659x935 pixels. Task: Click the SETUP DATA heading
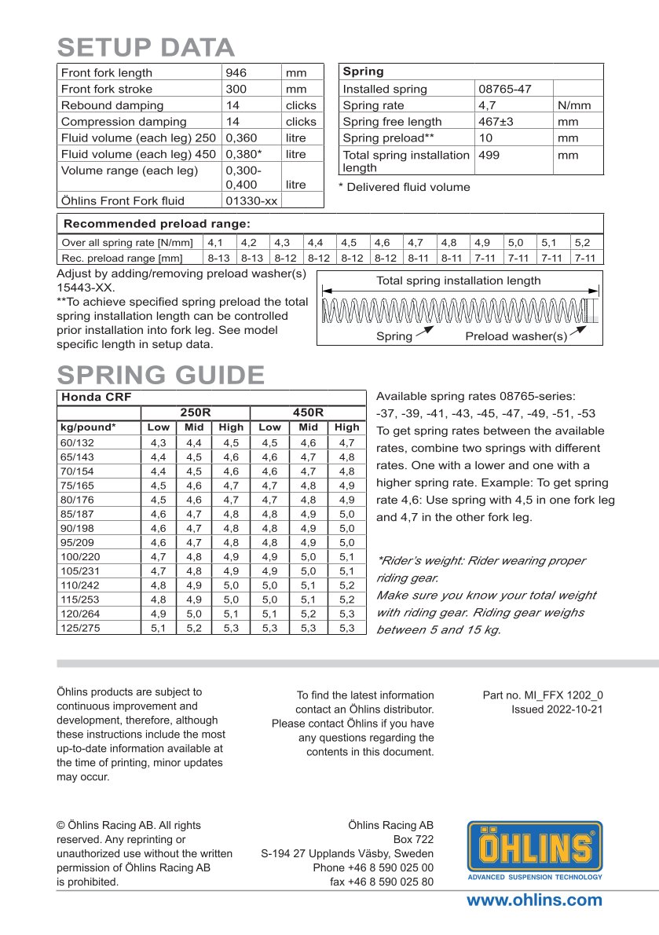tap(146, 48)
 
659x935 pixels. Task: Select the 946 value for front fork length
tap(236, 73)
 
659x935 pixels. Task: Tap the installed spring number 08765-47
tap(504, 89)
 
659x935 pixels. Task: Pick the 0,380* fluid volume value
tap(243, 154)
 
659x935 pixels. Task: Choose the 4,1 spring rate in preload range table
tap(215, 243)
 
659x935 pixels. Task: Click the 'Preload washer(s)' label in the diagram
tap(516, 336)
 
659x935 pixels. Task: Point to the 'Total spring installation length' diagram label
tap(458, 280)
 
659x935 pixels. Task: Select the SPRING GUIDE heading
tap(161, 374)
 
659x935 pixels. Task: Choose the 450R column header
tap(308, 412)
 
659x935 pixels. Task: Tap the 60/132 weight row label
tap(76, 442)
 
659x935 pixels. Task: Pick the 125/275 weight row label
tap(79, 628)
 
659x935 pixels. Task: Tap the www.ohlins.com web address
tap(534, 900)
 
